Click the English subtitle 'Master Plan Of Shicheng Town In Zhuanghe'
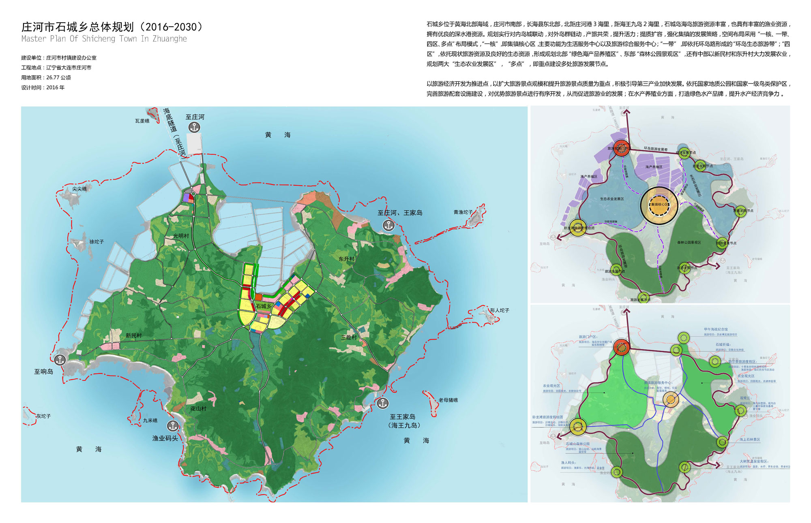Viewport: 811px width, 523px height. pos(104,39)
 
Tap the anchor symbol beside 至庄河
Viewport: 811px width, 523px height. pos(194,127)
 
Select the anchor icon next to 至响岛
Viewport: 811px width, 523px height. pos(60,359)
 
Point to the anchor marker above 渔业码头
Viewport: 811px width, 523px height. pos(173,426)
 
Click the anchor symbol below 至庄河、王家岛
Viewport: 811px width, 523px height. pos(388,225)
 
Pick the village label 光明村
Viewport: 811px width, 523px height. pos(181,236)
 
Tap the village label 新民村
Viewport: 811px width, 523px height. pos(133,335)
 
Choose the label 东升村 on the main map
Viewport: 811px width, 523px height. pos(346,259)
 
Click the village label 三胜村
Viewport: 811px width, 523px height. pos(349,337)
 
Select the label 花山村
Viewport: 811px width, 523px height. pos(198,408)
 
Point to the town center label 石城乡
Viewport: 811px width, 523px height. pos(264,306)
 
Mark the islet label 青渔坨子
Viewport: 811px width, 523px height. pos(463,212)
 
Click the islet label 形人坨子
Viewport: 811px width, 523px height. pos(499,310)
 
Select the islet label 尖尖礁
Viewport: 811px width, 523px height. pos(79,189)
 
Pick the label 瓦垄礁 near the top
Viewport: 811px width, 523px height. pos(142,121)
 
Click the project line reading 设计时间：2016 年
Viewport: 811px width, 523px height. pos(43,88)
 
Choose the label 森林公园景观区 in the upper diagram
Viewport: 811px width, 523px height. pos(689,242)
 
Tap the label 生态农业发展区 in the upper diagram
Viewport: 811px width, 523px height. pos(612,199)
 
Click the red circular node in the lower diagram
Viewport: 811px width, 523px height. pos(621,347)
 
